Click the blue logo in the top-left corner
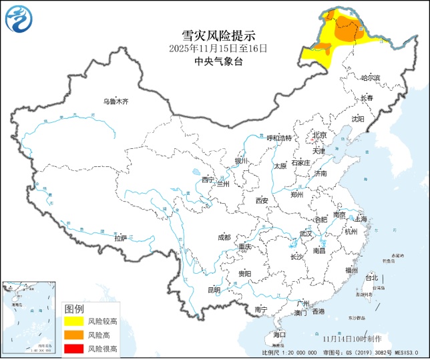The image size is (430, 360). [18, 18]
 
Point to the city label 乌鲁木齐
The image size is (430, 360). [115, 102]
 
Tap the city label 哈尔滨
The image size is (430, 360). [370, 78]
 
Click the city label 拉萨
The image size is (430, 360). [120, 238]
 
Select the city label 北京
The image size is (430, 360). [320, 136]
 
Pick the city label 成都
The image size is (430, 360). [224, 237]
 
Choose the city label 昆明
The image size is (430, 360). [214, 290]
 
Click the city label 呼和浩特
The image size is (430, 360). [280, 138]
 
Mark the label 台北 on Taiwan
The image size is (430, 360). [372, 278]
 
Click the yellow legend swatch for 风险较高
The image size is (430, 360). [73, 321]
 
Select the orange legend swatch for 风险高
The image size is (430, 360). [73, 335]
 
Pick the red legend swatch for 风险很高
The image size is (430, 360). [73, 348]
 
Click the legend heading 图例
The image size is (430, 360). [74, 309]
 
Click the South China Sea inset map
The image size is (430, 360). [29, 316]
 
